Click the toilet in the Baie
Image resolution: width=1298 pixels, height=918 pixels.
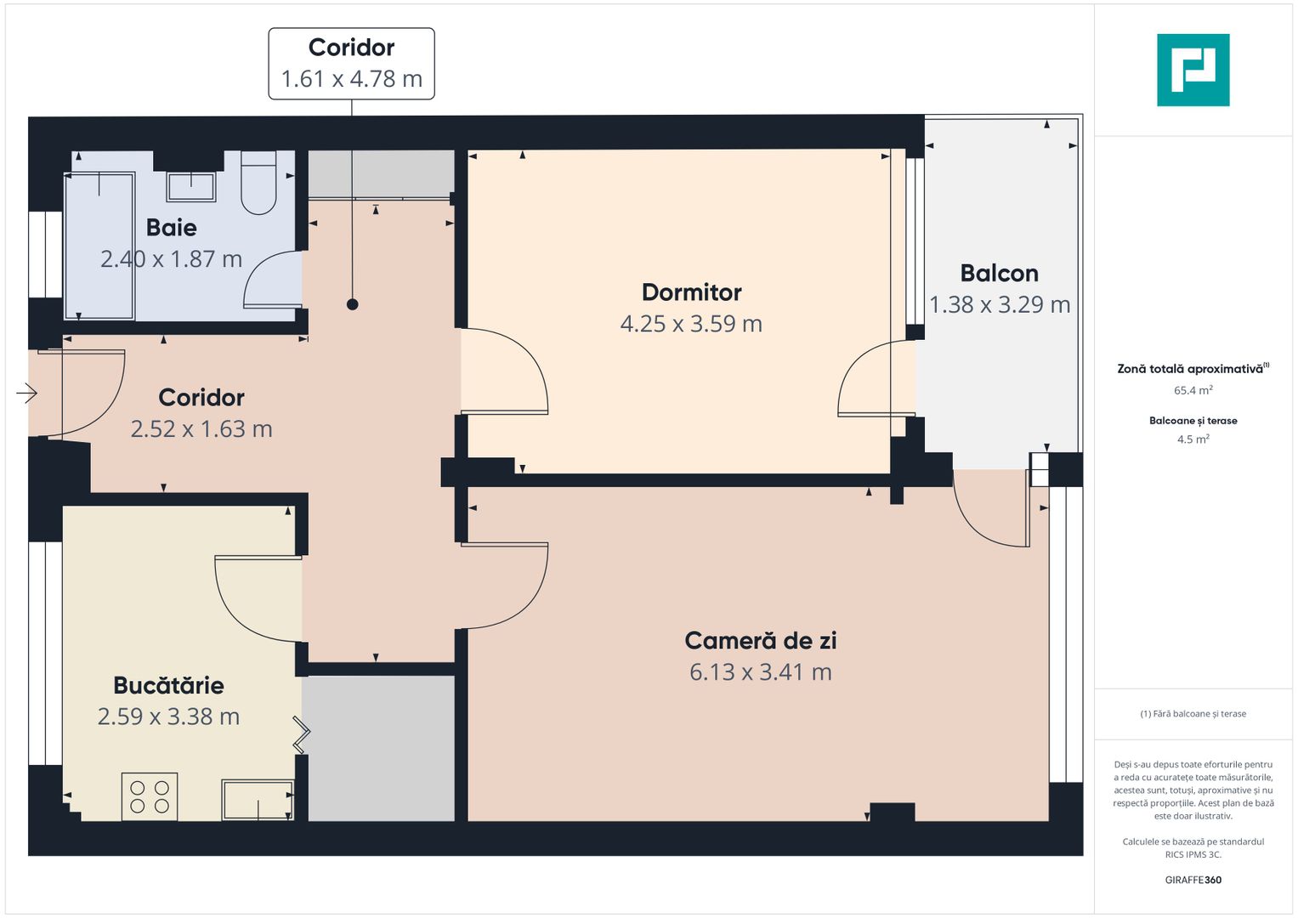coord(258,184)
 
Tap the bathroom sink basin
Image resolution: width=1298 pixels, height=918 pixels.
coord(190,186)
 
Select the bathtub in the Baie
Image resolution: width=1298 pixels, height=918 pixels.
coord(99,246)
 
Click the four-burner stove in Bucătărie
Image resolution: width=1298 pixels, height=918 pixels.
coord(150,796)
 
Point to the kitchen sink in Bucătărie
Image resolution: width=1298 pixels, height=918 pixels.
coord(257,800)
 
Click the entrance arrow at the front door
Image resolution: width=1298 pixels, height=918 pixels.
coord(27,393)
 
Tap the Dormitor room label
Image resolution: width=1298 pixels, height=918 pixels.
coord(691,292)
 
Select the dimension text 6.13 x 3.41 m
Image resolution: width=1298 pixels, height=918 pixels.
coord(760,672)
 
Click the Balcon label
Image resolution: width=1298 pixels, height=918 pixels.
coord(999,274)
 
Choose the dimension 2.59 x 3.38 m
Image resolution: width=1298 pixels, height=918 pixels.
coord(168,717)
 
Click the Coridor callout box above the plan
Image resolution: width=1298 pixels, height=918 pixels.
coord(351,64)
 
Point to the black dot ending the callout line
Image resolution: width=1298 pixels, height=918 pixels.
coord(352,304)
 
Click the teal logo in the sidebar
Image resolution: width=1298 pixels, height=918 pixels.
coord(1193,70)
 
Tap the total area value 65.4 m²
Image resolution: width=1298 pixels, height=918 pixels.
coord(1193,391)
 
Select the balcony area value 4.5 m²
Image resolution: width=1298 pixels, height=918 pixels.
coord(1193,439)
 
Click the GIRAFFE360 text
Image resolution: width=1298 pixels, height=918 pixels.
coord(1193,880)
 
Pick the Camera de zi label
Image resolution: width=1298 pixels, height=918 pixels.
coord(760,641)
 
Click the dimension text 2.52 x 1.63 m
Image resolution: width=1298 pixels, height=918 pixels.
coord(201,429)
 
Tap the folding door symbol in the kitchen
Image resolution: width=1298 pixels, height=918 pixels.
coord(302,734)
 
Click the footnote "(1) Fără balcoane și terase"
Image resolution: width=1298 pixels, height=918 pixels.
coord(1193,714)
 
